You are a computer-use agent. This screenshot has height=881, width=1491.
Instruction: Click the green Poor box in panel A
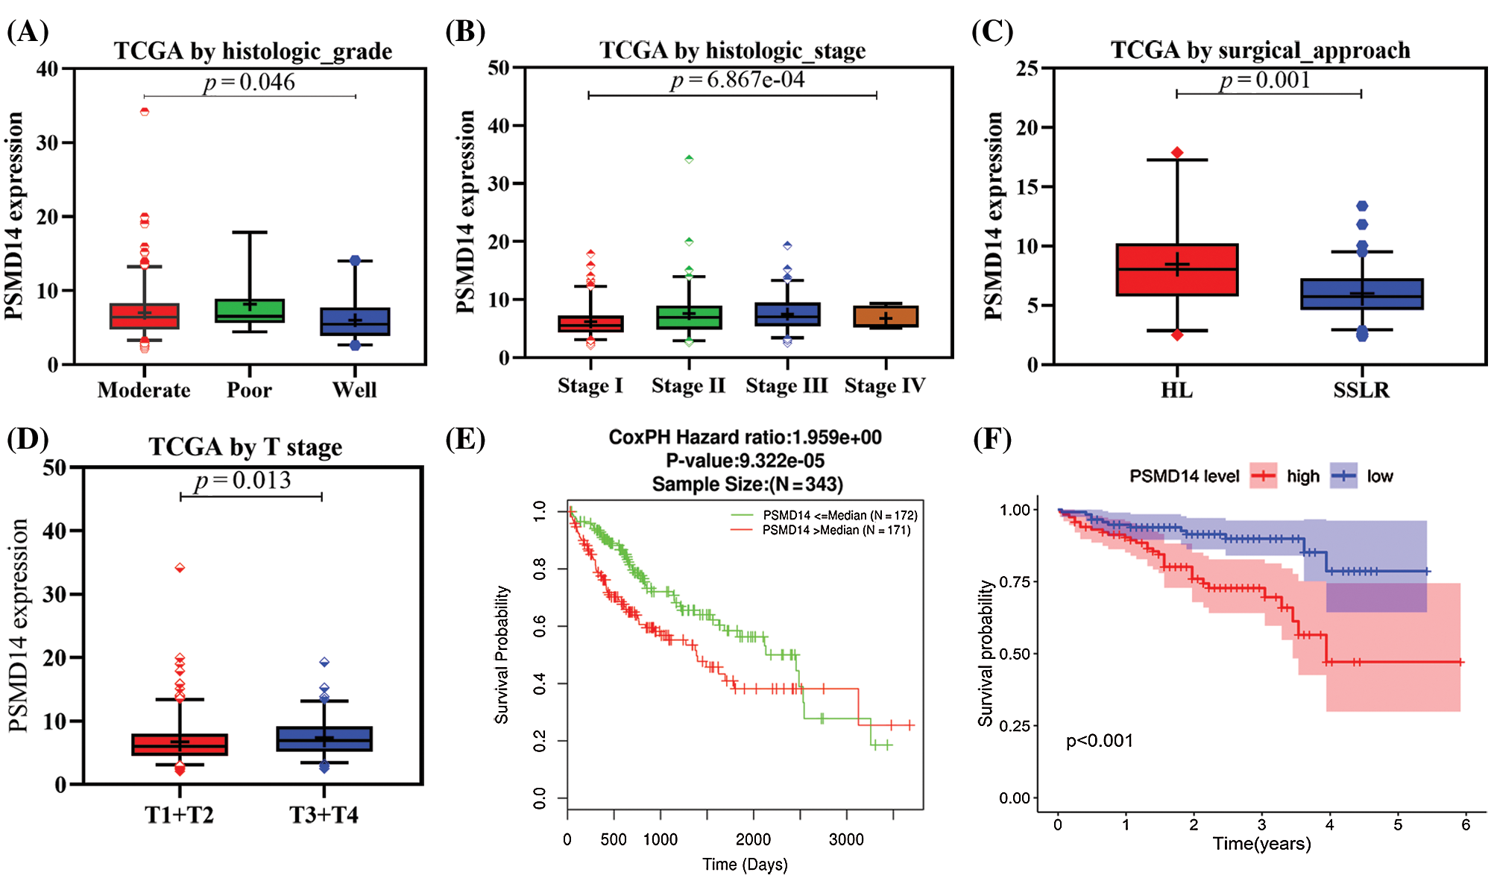point(249,311)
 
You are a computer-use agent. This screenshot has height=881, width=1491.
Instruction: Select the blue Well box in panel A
point(355,322)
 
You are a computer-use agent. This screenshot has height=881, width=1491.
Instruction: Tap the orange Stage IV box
point(886,316)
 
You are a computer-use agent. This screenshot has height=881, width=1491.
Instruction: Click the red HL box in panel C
point(1176,270)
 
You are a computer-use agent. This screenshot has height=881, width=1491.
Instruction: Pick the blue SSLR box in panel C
point(1361,294)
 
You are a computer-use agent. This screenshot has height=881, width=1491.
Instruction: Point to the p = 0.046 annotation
point(249,82)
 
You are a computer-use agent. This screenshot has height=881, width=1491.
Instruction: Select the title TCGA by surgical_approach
point(1260,50)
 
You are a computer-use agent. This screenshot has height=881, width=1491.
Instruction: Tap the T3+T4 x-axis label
point(324,815)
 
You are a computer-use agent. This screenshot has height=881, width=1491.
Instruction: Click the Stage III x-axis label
point(787,386)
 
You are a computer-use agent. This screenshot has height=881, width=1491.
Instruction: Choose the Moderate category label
point(144,390)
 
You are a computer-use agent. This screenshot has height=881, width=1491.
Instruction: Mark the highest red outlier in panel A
point(145,112)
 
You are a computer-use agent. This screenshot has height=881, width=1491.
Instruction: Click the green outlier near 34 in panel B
point(689,159)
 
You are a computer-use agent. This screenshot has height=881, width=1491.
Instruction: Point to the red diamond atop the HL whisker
point(1177,153)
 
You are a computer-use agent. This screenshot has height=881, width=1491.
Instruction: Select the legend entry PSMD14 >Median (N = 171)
point(836,531)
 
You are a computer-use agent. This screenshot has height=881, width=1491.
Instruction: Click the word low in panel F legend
point(1379,476)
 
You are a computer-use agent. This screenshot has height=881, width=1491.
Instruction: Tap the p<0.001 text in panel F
point(1099,741)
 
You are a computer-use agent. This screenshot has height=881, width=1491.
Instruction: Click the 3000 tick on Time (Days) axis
point(846,839)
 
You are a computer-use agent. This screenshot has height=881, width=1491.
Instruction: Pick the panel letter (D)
point(28,439)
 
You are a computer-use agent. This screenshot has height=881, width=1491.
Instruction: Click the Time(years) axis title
point(1261,844)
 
